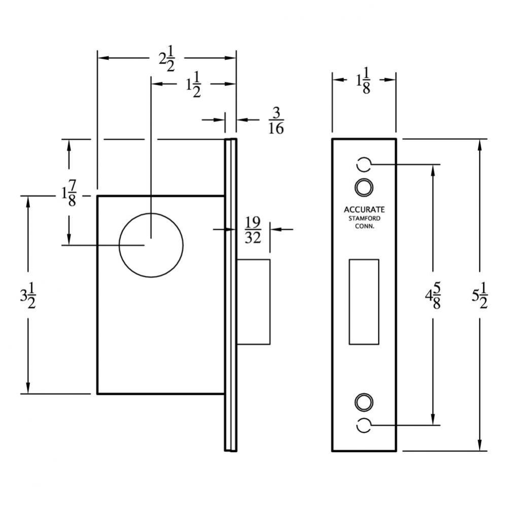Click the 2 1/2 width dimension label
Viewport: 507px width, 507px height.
coord(166,59)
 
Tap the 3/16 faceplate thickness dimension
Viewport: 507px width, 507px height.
coord(276,120)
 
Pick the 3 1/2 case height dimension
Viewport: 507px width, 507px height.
coord(27,294)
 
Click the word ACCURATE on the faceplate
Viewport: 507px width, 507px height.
coord(364,209)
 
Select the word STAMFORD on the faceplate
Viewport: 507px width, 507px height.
coord(364,219)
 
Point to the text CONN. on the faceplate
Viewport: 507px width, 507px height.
coord(364,227)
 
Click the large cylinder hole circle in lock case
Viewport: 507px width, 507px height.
coord(151,244)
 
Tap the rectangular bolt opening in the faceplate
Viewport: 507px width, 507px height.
coord(364,302)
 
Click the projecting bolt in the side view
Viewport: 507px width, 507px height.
coord(253,302)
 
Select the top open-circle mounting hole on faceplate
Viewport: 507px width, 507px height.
coord(363,164)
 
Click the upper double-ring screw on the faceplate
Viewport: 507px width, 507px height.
coord(363,187)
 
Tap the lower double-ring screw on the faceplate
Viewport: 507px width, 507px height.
coord(363,402)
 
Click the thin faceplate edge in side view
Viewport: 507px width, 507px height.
coord(230,294)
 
